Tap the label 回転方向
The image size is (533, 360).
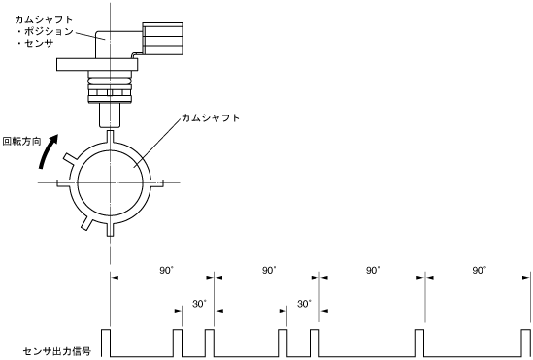(21, 142)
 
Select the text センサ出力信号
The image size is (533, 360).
(57, 351)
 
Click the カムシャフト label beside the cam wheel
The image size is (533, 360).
(211, 117)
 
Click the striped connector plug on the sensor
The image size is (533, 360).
(163, 39)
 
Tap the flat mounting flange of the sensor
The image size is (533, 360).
(97, 64)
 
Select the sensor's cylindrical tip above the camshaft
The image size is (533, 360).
(110, 115)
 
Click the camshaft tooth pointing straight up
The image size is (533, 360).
(110, 137)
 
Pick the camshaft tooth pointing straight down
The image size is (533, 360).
(110, 229)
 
